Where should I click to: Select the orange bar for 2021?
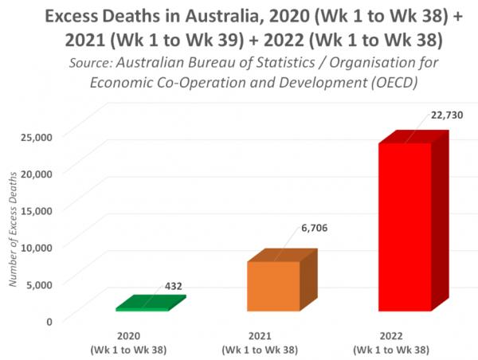[272, 285]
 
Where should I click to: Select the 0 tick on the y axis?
[49, 321]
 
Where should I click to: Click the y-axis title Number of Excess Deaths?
[13, 231]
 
